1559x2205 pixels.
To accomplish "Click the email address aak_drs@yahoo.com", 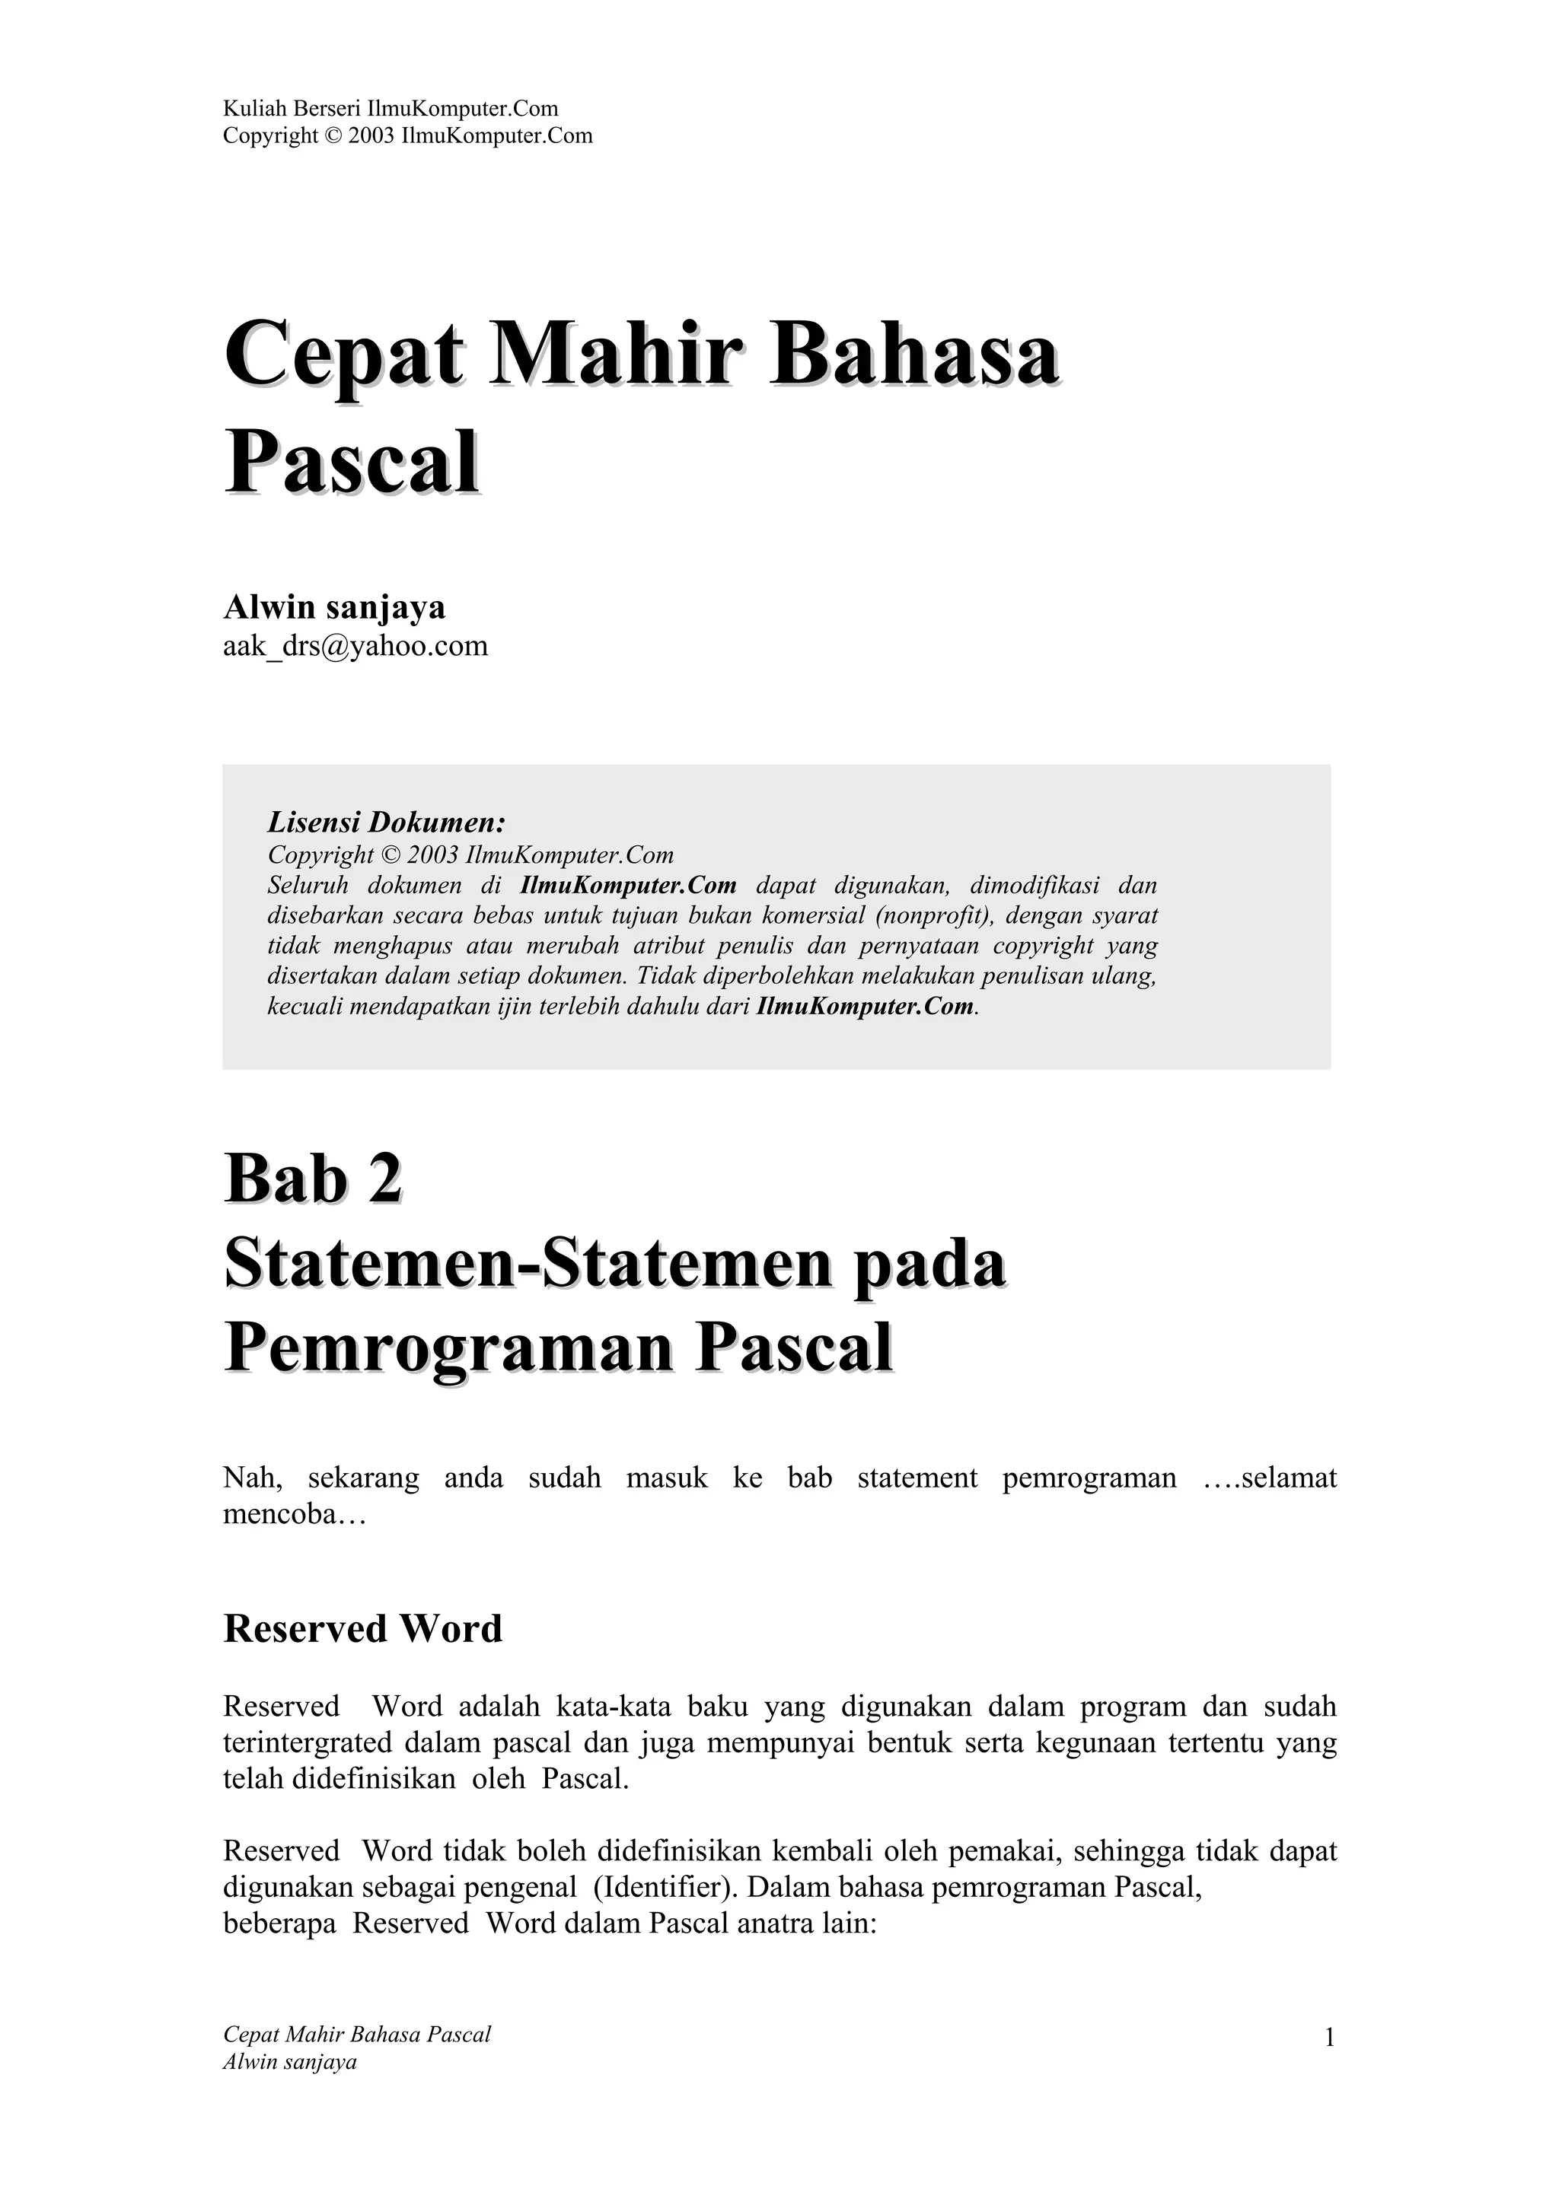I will tap(355, 646).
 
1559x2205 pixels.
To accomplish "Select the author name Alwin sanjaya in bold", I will tap(334, 607).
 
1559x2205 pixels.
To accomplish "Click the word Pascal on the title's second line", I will tap(352, 464).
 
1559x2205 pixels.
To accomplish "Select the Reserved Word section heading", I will tap(363, 1629).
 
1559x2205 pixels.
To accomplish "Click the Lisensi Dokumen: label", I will tap(386, 822).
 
